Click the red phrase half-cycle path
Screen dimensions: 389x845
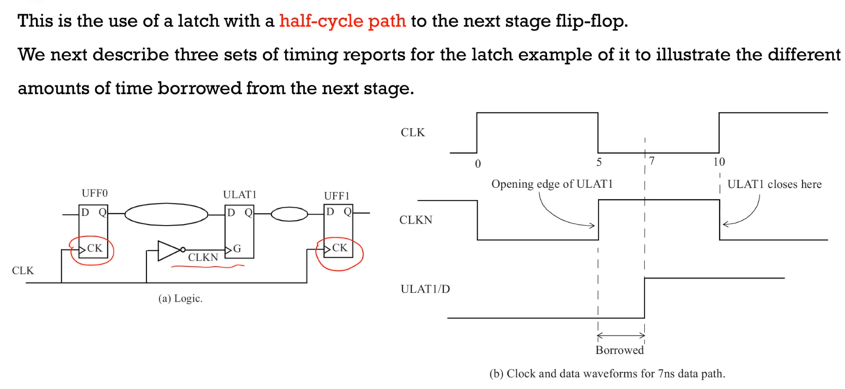[x=342, y=21]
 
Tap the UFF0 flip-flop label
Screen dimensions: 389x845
[x=94, y=193]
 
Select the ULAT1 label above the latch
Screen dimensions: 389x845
[x=240, y=195]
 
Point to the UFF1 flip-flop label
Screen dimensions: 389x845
[x=337, y=196]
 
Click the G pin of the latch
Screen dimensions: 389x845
[x=237, y=249]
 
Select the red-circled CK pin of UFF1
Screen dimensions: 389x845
[x=339, y=248]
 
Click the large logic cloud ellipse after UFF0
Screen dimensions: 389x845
[x=166, y=214]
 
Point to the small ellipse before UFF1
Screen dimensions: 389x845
[x=289, y=214]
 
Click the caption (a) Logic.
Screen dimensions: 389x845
[x=180, y=298]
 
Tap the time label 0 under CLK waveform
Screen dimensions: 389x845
[x=478, y=164]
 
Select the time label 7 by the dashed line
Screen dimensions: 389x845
[x=652, y=161]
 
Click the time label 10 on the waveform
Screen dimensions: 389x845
[x=719, y=162]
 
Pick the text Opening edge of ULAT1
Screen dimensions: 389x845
[x=552, y=184]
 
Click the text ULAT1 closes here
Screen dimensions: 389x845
[x=774, y=185]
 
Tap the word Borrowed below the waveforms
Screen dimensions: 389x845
[x=620, y=350]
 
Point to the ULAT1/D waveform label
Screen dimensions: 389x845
[x=425, y=289]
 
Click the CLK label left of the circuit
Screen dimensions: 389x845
[x=23, y=270]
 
